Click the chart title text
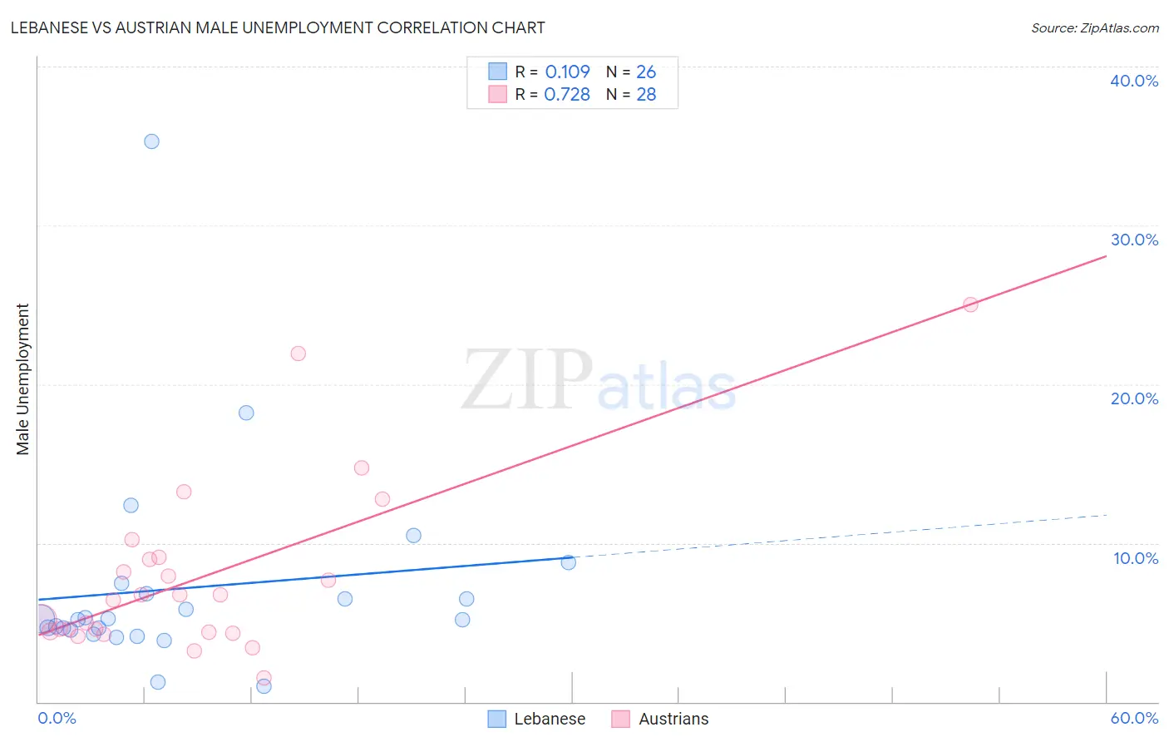pyautogui.click(x=278, y=27)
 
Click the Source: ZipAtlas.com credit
pyautogui.click(x=1094, y=27)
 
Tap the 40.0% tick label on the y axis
pyautogui.click(x=1133, y=81)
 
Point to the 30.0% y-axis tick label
pyautogui.click(x=1133, y=240)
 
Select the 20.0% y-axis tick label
pyautogui.click(x=1133, y=398)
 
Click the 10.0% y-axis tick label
pyautogui.click(x=1135, y=558)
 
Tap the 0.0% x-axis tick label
pyautogui.click(x=57, y=718)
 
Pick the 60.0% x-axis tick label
pyautogui.click(x=1133, y=718)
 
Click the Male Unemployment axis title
pyautogui.click(x=22, y=379)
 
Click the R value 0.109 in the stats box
pyautogui.click(x=567, y=72)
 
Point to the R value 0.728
pyautogui.click(x=567, y=95)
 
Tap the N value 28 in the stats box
pyautogui.click(x=646, y=95)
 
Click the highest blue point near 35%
pyautogui.click(x=151, y=141)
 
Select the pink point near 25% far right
pyautogui.click(x=970, y=304)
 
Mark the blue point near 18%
pyautogui.click(x=246, y=413)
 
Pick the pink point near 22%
pyautogui.click(x=298, y=354)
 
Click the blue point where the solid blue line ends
pyautogui.click(x=568, y=562)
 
